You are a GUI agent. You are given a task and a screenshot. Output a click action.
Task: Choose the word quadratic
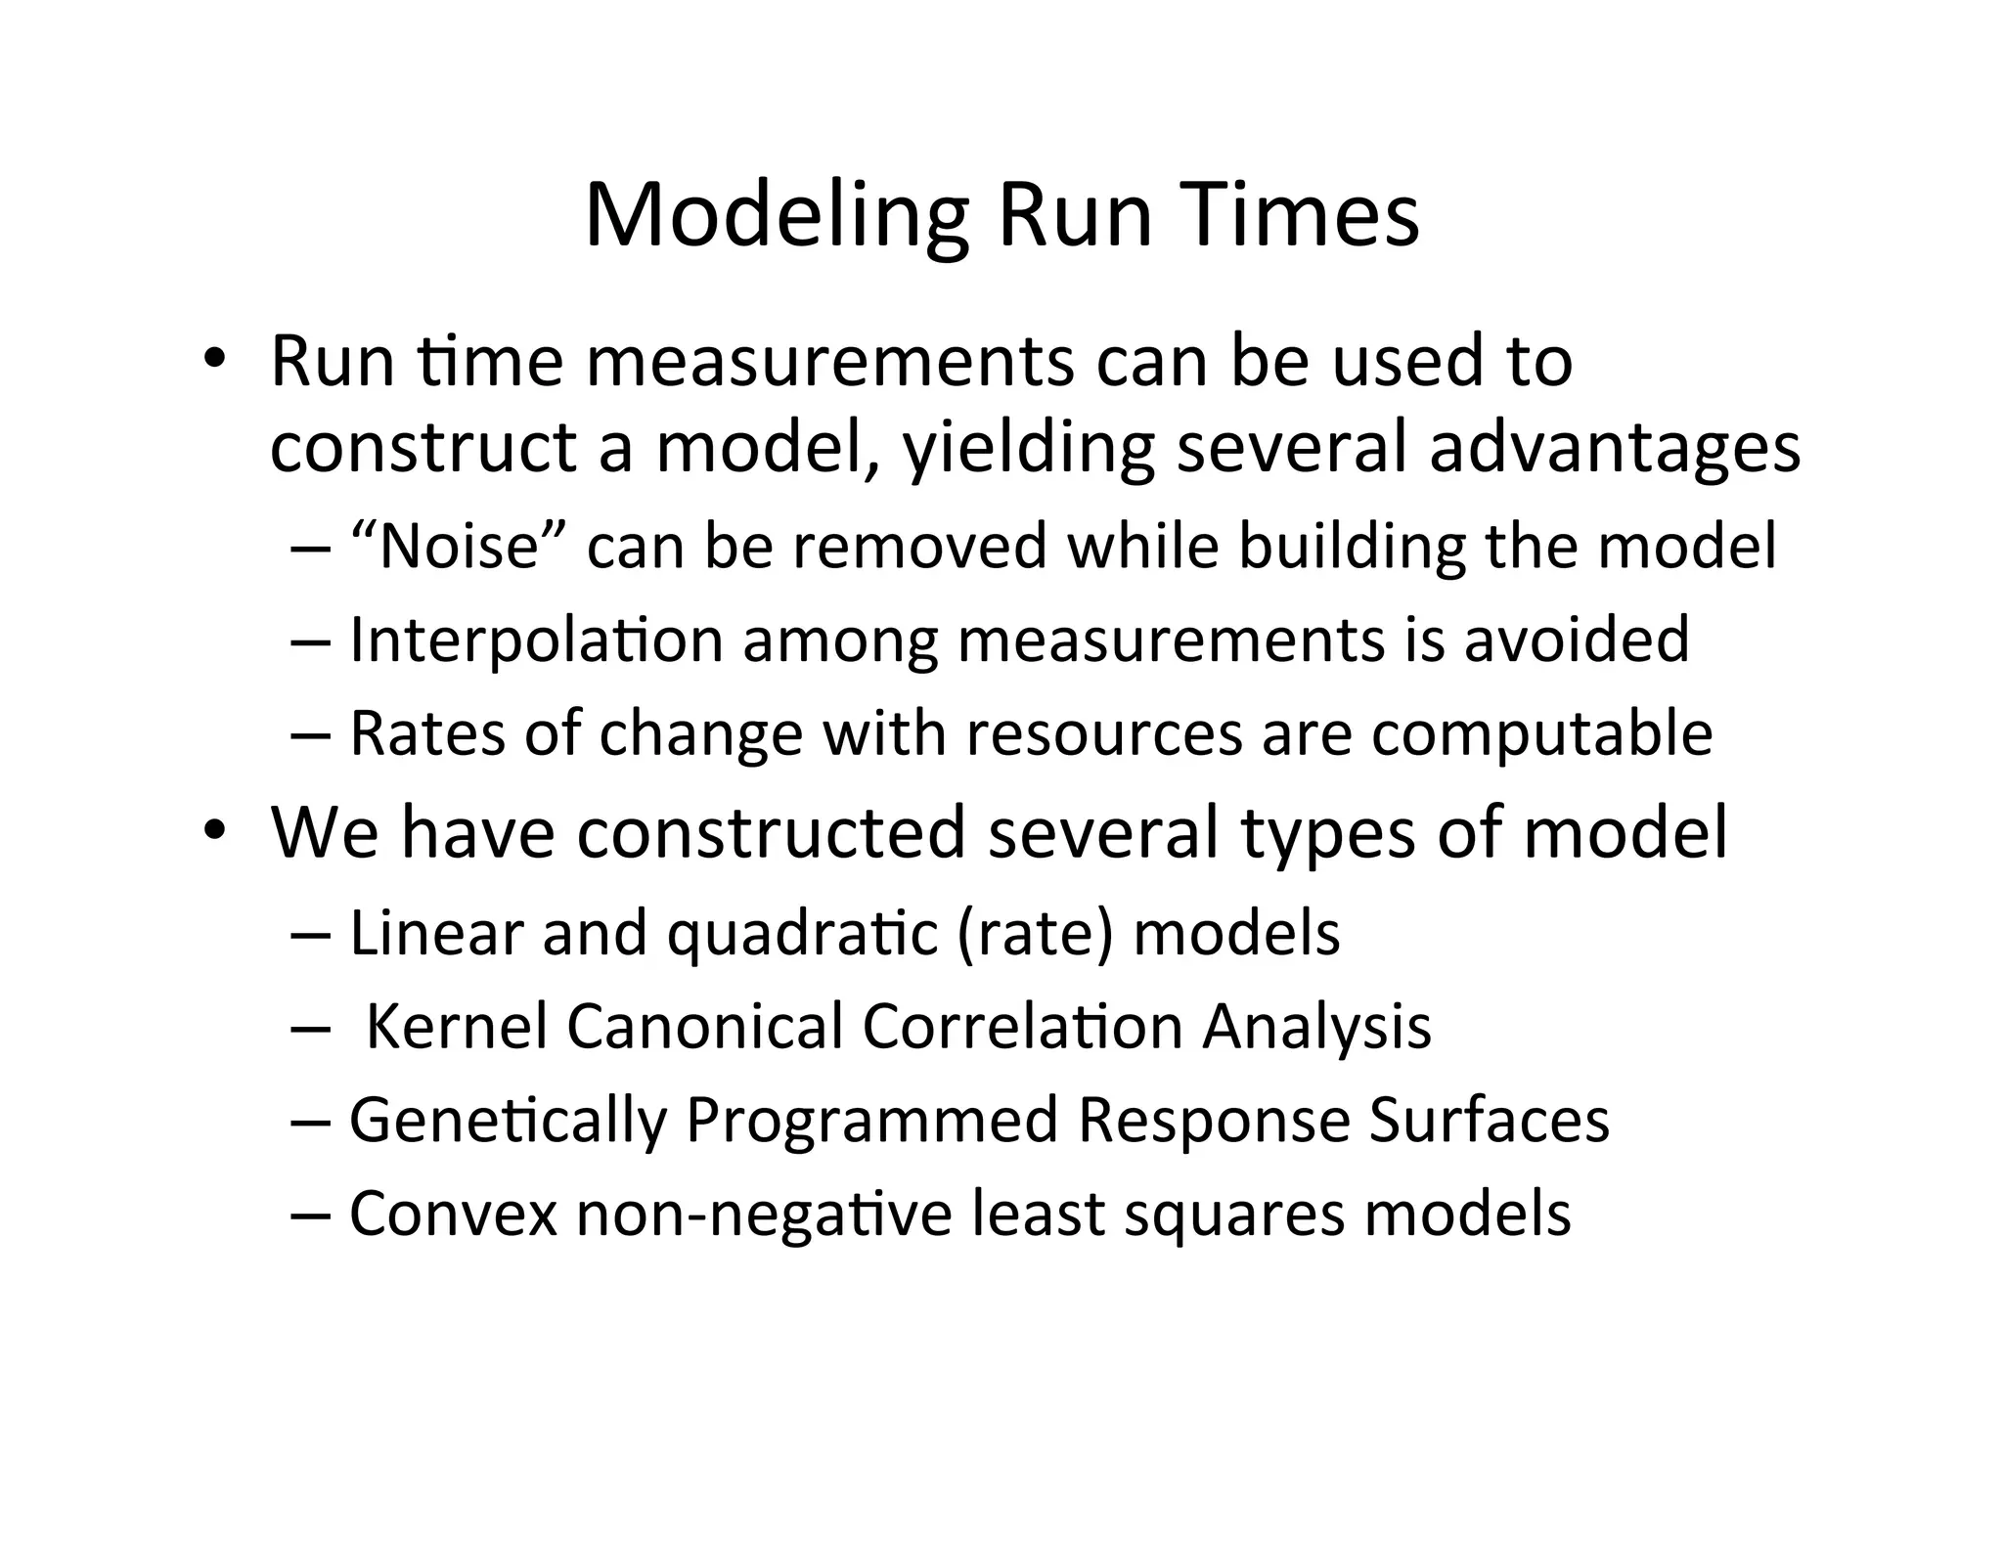[x=803, y=934]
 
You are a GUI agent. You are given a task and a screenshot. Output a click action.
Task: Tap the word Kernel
[x=456, y=1026]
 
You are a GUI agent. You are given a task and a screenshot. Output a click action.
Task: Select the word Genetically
[x=508, y=1121]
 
